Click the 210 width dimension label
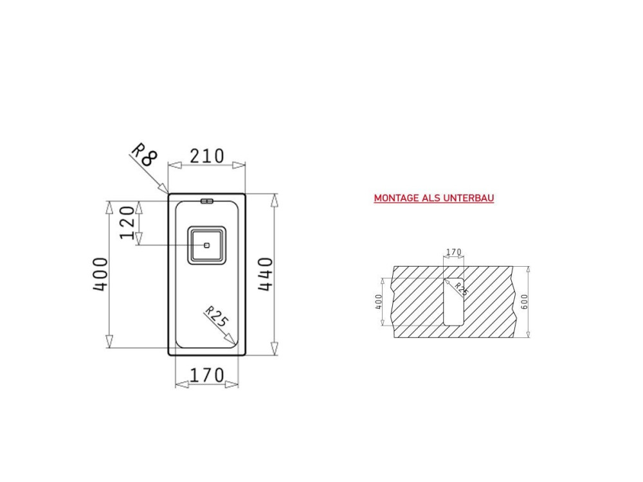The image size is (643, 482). coord(207,156)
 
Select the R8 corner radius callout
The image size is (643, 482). coord(144,154)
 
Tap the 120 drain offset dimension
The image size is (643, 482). coord(127,222)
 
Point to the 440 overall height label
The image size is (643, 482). coord(266,274)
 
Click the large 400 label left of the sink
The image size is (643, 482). coord(100,274)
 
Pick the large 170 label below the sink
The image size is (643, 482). coord(207,375)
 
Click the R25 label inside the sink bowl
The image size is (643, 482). coord(216,316)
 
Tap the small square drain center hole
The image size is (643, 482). coord(206,245)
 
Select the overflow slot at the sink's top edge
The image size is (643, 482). coord(207,201)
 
